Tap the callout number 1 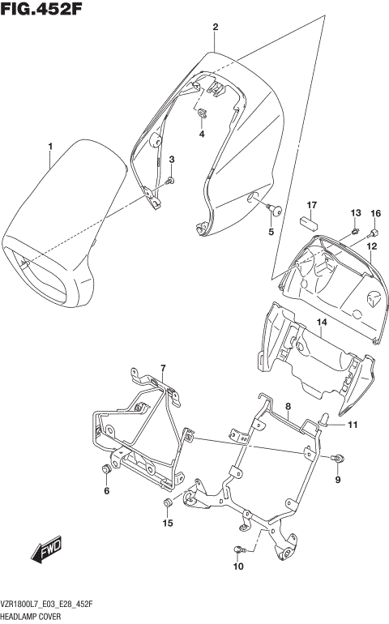coord(49,147)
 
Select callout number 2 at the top coord(216,28)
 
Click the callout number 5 coord(271,233)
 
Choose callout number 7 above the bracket coord(162,369)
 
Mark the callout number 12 coord(371,246)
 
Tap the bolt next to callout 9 coord(336,459)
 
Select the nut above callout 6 coord(106,471)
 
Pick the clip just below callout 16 coord(374,229)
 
